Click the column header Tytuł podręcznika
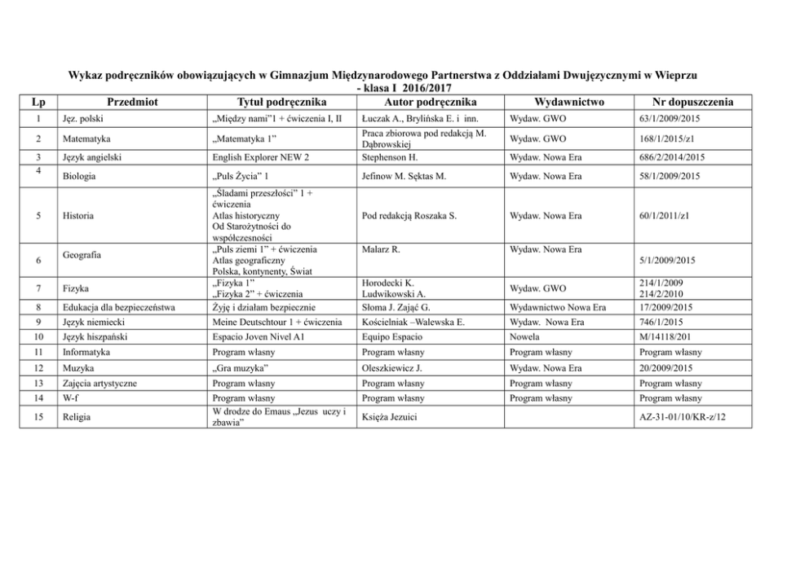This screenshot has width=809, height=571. (x=281, y=102)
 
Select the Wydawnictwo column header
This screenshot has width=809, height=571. (x=568, y=102)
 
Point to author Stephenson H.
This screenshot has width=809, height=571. (x=388, y=157)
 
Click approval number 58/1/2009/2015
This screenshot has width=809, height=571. (x=673, y=175)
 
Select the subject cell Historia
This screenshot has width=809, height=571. (x=78, y=216)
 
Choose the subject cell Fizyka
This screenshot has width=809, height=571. (x=75, y=288)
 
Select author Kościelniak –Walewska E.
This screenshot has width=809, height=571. (x=412, y=322)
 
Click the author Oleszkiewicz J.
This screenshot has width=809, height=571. (x=390, y=368)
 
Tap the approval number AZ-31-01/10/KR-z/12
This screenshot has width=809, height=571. (x=683, y=417)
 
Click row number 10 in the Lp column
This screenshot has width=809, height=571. (x=39, y=336)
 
